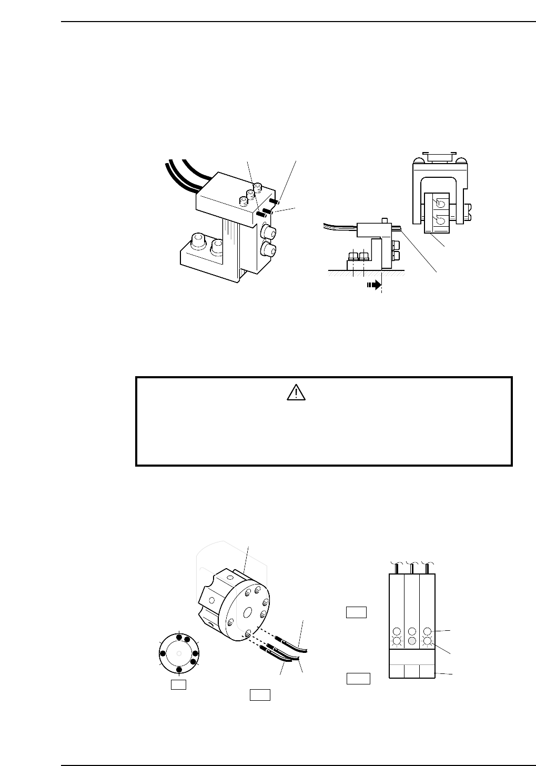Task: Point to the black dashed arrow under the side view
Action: [372, 284]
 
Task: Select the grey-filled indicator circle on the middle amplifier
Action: [412, 641]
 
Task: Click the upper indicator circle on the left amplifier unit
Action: [397, 631]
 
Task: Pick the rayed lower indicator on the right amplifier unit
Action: [427, 641]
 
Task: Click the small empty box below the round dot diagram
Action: [178, 685]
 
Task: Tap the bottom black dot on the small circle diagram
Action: [179, 669]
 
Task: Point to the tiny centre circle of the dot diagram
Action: [179, 653]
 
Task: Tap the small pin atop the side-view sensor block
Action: [385, 219]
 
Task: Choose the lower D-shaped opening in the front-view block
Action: [441, 217]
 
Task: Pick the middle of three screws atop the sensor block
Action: [251, 194]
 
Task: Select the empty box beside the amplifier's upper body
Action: [356, 612]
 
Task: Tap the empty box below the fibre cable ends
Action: [260, 694]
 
